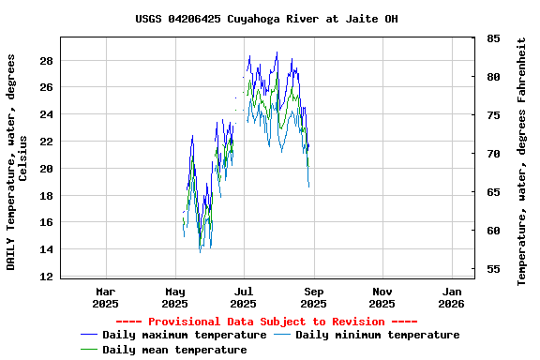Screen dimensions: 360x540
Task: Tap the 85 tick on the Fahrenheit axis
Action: [493, 38]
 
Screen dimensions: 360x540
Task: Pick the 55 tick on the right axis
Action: [493, 270]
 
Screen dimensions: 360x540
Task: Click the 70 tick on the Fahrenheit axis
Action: [493, 154]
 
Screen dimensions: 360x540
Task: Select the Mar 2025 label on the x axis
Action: [106, 297]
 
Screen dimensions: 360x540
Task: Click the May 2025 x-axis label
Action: [174, 297]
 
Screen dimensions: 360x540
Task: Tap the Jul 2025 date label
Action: [244, 297]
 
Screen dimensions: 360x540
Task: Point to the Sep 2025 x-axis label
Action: [313, 297]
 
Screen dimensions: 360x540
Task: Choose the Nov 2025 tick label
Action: [382, 297]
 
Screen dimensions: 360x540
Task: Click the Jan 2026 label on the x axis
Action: [451, 297]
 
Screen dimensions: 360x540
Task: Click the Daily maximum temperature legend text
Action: [184, 335]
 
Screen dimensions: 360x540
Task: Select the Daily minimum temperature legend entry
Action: [377, 335]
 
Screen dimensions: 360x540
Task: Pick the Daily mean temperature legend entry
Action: [174, 350]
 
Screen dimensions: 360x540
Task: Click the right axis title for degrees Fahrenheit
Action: [522, 161]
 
